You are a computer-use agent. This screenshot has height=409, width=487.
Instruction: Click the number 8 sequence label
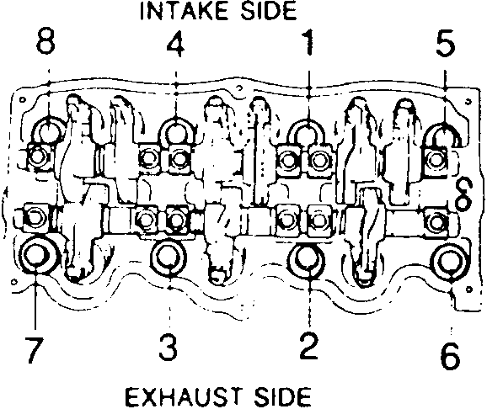pyautogui.click(x=45, y=42)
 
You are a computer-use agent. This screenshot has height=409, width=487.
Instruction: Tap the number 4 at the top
pyautogui.click(x=176, y=44)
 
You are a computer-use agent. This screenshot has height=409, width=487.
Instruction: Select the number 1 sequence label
pyautogui.click(x=308, y=43)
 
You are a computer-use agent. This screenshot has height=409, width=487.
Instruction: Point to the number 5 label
pyautogui.click(x=445, y=43)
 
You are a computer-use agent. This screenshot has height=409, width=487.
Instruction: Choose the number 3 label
pyautogui.click(x=168, y=347)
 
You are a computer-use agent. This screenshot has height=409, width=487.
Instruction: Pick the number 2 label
pyautogui.click(x=308, y=346)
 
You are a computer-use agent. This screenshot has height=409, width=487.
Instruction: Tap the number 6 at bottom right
pyautogui.click(x=450, y=355)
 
